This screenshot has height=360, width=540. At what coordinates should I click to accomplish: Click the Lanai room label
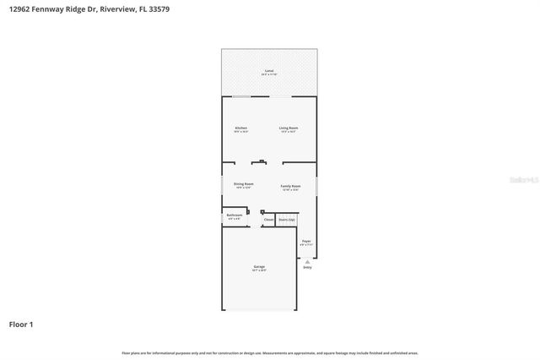click(269, 70)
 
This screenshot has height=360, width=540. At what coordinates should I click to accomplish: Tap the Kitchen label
click(240, 128)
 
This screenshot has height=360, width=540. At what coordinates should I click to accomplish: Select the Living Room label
click(289, 128)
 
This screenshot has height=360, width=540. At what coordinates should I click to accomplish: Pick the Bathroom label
click(234, 215)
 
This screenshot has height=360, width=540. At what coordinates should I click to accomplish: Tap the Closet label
click(268, 220)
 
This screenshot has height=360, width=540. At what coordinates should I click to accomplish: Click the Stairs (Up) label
click(287, 220)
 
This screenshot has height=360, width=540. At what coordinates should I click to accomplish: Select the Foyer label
click(306, 242)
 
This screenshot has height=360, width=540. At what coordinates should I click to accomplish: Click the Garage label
click(259, 266)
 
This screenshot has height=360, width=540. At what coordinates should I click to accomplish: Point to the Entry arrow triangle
click(307, 262)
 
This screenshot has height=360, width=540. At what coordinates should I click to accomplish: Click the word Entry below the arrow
click(307, 268)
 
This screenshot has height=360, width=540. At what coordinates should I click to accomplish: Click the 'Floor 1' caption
click(22, 324)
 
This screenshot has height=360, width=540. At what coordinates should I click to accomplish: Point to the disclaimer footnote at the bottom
click(269, 352)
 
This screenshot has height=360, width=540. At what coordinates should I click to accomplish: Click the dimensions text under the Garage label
click(259, 270)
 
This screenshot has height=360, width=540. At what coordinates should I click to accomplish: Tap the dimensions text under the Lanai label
click(269, 74)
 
